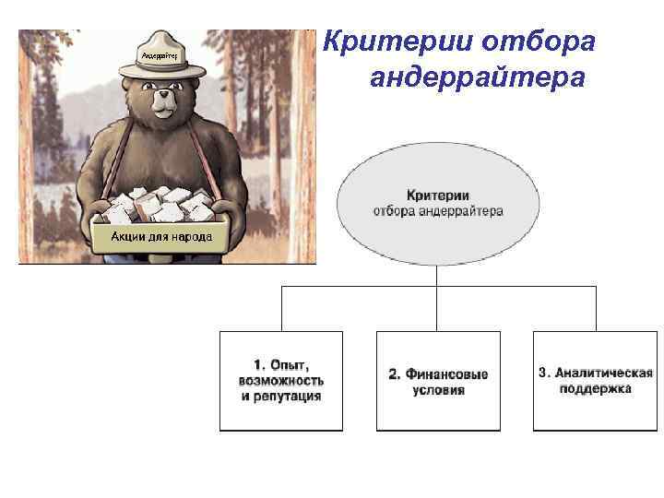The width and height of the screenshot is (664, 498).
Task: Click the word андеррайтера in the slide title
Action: (477, 78)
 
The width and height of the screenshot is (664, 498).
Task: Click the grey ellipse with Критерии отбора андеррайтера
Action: (438, 203)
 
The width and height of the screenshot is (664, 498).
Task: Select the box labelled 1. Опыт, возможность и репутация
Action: (280, 380)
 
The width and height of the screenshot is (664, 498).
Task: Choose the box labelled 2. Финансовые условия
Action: (438, 380)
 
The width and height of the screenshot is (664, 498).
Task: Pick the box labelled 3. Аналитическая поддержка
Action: (595, 380)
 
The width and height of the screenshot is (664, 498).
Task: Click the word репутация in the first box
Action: (281, 396)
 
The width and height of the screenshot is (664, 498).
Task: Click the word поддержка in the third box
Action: (596, 389)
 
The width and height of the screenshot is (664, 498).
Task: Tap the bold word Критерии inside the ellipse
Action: (438, 196)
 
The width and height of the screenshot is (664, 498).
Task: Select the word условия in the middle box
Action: (438, 390)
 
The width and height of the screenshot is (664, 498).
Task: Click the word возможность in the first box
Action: (280, 380)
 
